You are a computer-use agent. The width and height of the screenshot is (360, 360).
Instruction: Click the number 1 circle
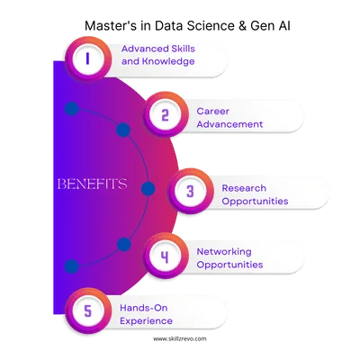click(x=87, y=59)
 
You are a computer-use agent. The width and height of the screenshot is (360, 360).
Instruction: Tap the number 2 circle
click(x=164, y=113)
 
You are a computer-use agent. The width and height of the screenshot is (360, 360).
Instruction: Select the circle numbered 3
click(x=190, y=190)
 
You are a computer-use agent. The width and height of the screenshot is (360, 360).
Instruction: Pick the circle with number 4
click(x=164, y=256)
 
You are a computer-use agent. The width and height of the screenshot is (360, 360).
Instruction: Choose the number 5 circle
click(x=87, y=311)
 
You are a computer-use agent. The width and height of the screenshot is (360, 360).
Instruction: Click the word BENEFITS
click(x=91, y=184)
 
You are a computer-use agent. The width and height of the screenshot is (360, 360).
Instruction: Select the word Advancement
click(x=229, y=123)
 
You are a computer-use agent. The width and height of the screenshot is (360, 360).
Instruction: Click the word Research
click(x=244, y=187)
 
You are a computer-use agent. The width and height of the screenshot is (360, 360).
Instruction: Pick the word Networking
click(x=223, y=250)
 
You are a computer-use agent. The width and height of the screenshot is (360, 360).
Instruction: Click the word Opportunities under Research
click(x=255, y=202)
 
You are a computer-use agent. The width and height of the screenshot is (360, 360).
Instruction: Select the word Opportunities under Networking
click(x=229, y=265)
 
